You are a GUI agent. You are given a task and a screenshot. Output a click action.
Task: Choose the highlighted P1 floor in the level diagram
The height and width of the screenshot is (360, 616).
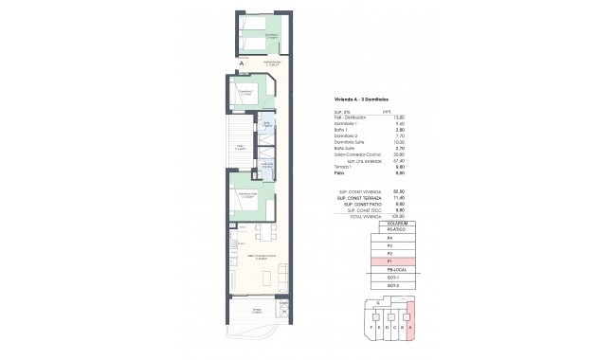(389, 260)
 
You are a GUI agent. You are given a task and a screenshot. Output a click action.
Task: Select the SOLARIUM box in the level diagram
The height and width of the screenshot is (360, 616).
(389, 223)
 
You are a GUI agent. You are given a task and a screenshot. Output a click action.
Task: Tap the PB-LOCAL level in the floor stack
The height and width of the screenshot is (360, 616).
(389, 268)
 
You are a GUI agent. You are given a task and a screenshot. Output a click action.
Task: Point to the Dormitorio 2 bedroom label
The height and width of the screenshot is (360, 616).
(244, 93)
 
